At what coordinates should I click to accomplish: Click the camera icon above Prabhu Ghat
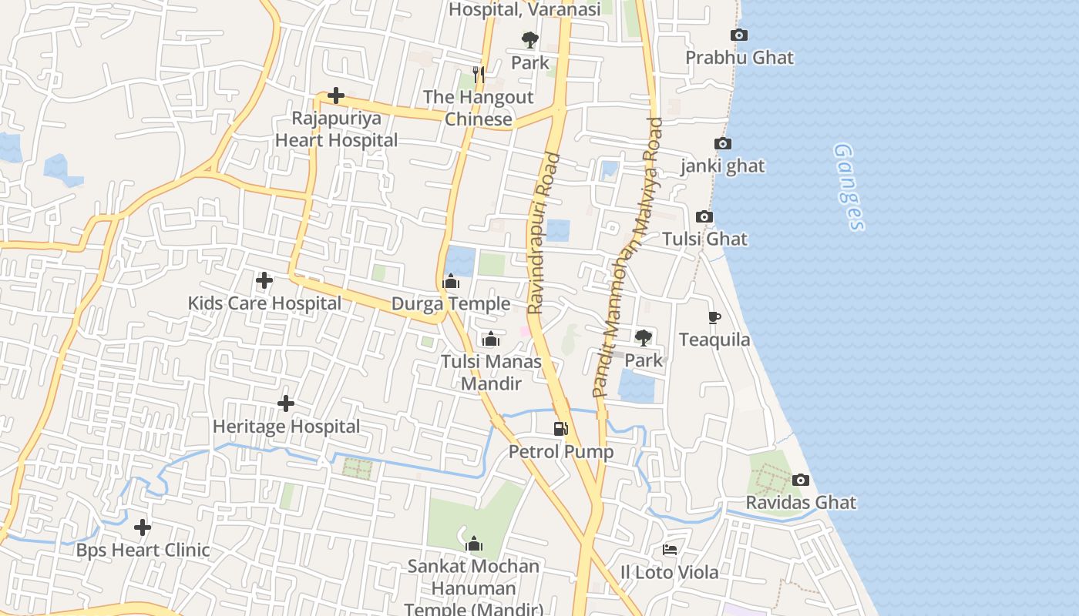(x=738, y=35)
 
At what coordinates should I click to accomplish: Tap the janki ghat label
(x=722, y=166)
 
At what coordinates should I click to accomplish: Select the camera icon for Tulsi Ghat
(x=704, y=217)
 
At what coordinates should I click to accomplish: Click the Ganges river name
(x=849, y=187)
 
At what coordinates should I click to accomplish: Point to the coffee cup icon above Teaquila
(x=714, y=317)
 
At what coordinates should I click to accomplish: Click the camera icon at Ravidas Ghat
(x=801, y=480)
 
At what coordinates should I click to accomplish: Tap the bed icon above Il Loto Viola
(x=670, y=550)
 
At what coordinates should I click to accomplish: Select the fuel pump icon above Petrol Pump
(x=561, y=429)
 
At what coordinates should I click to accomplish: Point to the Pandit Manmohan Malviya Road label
(x=627, y=258)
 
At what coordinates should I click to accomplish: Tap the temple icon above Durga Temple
(x=452, y=282)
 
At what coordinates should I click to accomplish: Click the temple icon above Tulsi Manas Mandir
(x=491, y=339)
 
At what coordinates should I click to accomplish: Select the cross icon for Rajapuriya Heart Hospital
(x=335, y=96)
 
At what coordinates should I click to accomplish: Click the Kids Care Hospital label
(x=264, y=303)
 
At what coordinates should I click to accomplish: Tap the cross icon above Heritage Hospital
(x=286, y=403)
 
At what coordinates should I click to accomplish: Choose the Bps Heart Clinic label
(x=143, y=551)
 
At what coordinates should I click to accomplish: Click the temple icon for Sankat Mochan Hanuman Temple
(x=474, y=544)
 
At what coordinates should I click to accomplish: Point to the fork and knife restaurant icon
(x=479, y=74)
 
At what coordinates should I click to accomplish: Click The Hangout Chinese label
(x=478, y=109)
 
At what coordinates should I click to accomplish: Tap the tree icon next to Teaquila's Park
(x=643, y=337)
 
